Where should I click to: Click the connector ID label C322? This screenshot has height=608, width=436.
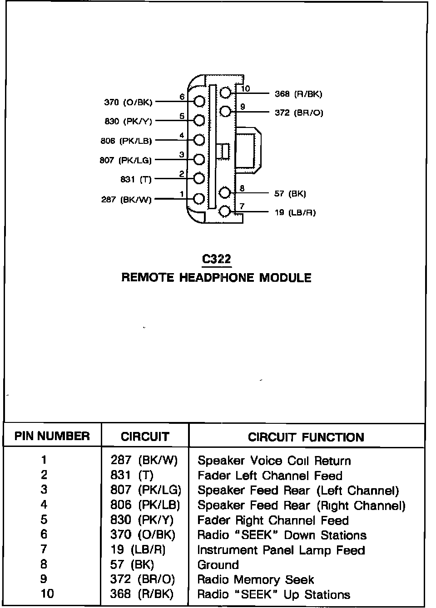coord(217,259)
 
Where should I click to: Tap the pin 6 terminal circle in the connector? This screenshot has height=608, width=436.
coord(199,101)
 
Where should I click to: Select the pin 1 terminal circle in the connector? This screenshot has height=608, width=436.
coord(199,198)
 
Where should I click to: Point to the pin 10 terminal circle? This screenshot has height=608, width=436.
coord(226,93)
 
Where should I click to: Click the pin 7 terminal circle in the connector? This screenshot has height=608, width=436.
coord(225,211)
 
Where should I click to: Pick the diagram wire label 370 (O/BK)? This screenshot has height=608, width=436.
coord(129,102)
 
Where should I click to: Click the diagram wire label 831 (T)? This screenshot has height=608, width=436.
coord(136,179)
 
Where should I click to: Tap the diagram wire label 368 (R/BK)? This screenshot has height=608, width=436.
coord(298,94)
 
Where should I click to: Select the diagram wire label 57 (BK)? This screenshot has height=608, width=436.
coord(290,194)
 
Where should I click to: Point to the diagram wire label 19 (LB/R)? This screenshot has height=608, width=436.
coord(295,212)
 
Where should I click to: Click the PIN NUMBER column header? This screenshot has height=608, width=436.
coord(52,436)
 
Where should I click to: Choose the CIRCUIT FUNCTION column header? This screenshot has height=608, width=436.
coord(306,437)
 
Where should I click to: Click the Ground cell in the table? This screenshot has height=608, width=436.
coord(218,565)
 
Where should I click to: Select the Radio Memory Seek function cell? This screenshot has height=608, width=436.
coord(256,580)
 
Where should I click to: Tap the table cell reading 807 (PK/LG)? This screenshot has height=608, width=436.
coord(146,490)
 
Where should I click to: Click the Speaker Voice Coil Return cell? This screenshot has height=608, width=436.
coord(274,461)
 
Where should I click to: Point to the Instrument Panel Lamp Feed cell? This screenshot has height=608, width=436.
coord(281,550)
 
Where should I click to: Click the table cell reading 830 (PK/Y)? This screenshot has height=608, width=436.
coord(142,520)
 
